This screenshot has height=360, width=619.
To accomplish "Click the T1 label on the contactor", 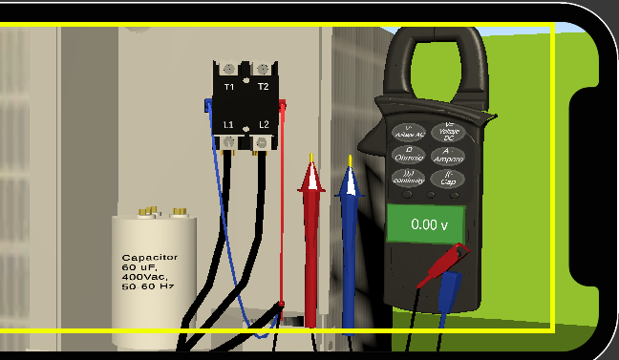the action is [x=229, y=88].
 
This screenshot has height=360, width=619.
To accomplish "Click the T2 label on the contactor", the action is [x=263, y=88].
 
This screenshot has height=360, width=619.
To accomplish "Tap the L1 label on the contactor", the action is [x=229, y=125].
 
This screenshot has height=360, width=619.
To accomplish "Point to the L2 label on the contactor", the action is [x=264, y=125].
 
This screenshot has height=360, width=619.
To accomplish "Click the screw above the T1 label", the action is [x=229, y=69].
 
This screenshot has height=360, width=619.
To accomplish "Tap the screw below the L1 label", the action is [x=230, y=143].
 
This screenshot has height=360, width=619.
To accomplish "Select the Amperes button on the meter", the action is [x=446, y=154].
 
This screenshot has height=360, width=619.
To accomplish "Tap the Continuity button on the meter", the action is [x=408, y=177].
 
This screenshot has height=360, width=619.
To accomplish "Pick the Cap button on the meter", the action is [x=446, y=178].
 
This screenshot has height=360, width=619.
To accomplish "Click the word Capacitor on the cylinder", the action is [x=150, y=258].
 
